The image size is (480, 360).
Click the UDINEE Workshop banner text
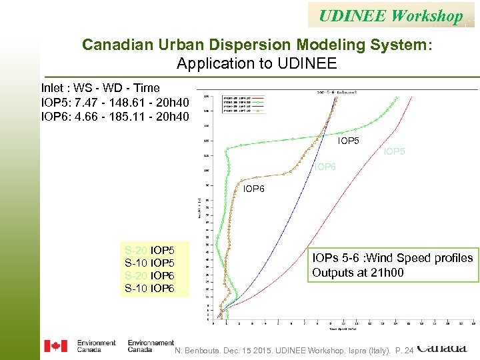tap(391, 15)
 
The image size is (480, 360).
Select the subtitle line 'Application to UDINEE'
tap(257, 64)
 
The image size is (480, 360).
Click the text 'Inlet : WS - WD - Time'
tap(100, 88)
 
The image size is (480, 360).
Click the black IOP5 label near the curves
tap(349, 141)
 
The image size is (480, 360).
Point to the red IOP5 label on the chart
tap(394, 152)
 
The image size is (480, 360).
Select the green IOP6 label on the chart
tap(325, 167)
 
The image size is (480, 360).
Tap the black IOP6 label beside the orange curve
tap(254, 189)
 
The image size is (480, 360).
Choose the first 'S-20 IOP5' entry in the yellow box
tap(150, 251)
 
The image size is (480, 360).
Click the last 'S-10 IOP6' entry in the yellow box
tap(150, 289)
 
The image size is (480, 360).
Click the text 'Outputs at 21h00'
tap(357, 272)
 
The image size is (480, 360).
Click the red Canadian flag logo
tap(55, 346)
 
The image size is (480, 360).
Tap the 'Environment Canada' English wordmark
tap(96, 346)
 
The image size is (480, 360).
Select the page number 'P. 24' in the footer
tap(403, 350)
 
